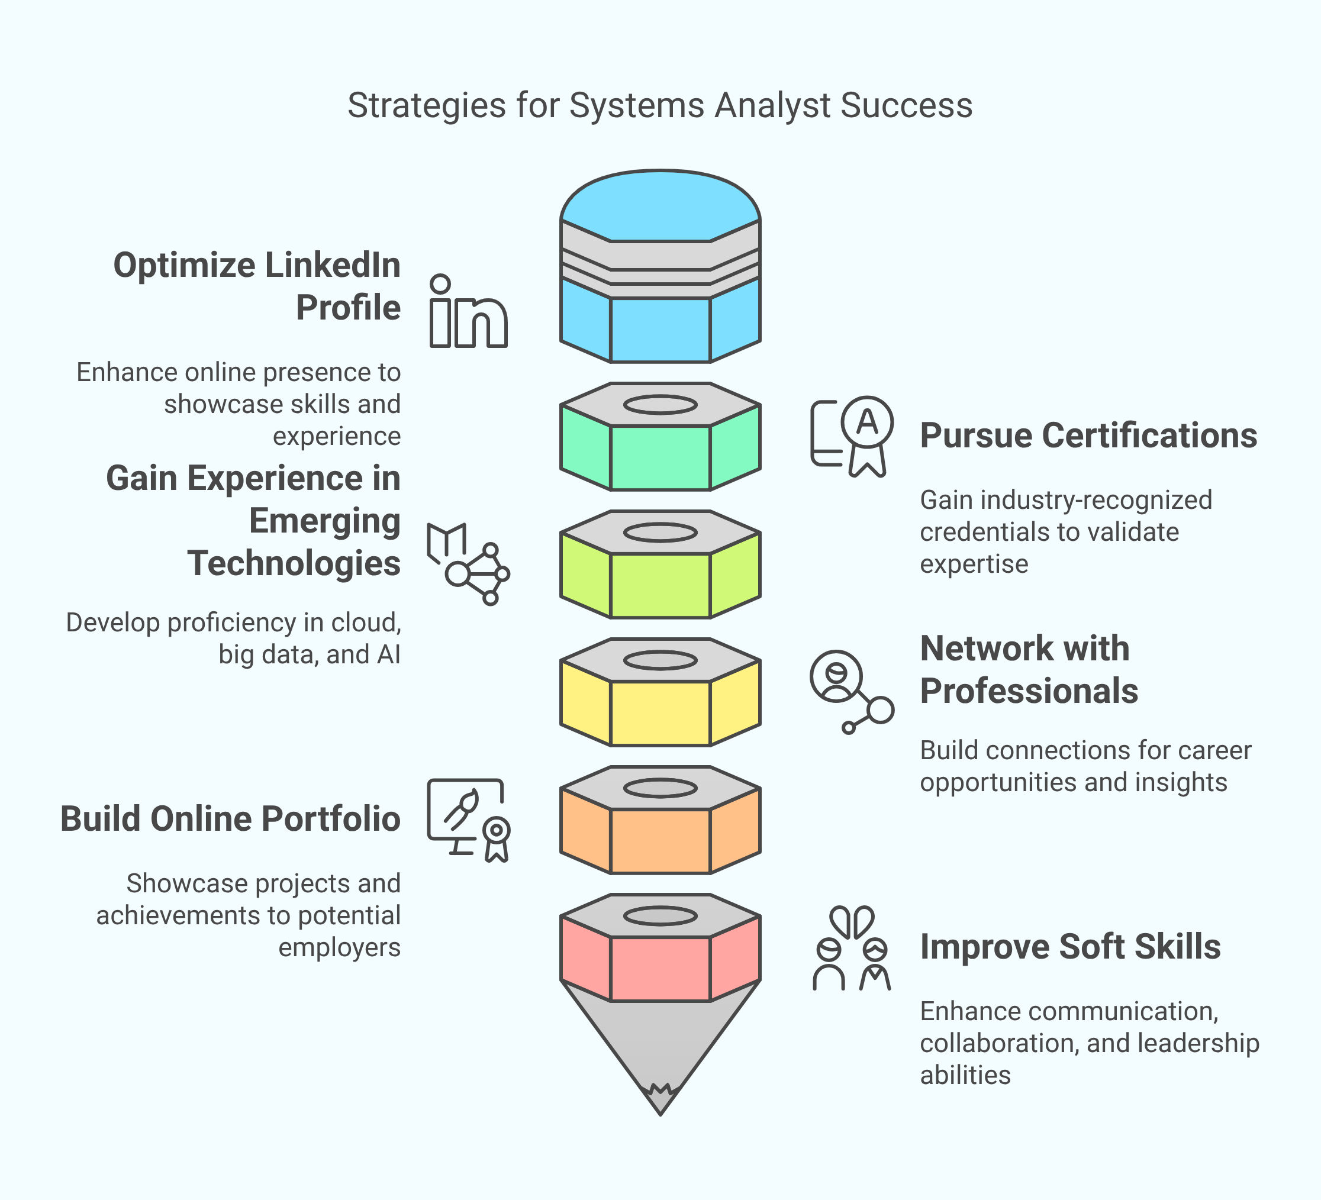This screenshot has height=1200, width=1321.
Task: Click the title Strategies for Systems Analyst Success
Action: coord(660,105)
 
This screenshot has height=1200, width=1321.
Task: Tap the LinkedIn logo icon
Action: coord(468,312)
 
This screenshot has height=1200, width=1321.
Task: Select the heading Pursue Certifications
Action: coord(1088,436)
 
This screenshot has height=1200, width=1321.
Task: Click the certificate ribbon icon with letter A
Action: coord(852,436)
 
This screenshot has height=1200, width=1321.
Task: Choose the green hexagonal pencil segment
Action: coord(660,457)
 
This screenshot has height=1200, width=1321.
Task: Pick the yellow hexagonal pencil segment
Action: coord(660,712)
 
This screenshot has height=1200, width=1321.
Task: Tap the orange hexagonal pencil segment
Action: coord(660,840)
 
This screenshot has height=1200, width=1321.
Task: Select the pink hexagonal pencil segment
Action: coord(660,967)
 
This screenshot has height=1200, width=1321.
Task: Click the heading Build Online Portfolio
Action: coord(230,819)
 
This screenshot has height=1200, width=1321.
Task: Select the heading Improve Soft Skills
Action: coord(1070,947)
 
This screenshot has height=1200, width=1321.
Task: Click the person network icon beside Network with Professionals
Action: coord(851,692)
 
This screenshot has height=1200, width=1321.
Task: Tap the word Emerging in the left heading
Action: coord(324,521)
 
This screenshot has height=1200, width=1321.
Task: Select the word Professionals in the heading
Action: coord(1029,691)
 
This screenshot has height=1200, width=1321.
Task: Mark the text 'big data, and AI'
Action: coord(310,654)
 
